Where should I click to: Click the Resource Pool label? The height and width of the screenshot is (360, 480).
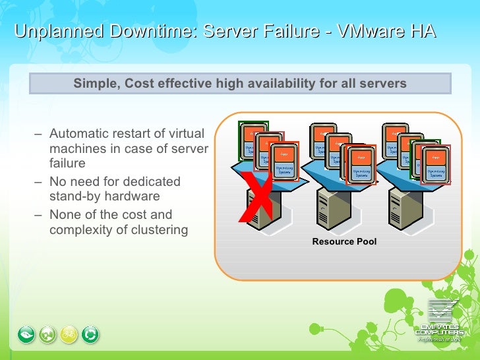344,242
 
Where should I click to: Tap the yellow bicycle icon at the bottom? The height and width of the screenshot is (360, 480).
69,335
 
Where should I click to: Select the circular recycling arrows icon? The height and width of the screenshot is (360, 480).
90,335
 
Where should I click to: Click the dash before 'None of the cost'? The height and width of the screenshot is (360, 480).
38,215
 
